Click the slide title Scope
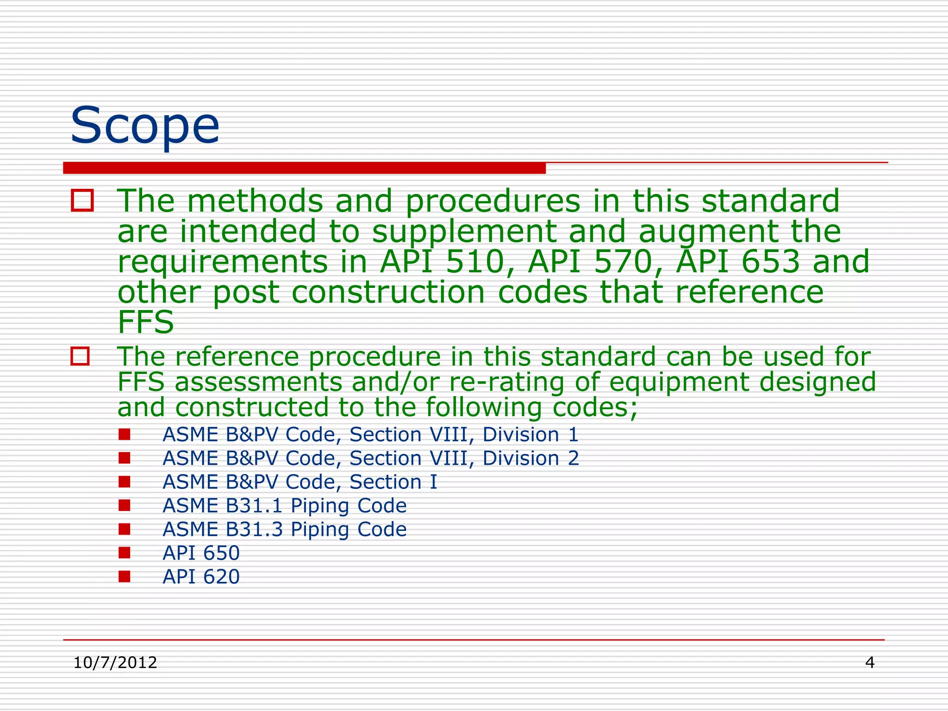144,126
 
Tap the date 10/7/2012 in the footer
115,663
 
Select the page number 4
870,663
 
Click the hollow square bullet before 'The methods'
82,201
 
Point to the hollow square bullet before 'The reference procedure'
80,356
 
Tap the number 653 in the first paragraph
771,262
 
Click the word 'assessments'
258,382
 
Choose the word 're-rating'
506,382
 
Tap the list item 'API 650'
201,553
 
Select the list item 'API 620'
201,577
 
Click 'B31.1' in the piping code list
254,505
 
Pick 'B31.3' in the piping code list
254,529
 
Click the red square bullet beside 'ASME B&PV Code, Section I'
124,482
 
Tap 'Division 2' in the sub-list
530,458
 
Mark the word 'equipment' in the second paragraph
678,382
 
